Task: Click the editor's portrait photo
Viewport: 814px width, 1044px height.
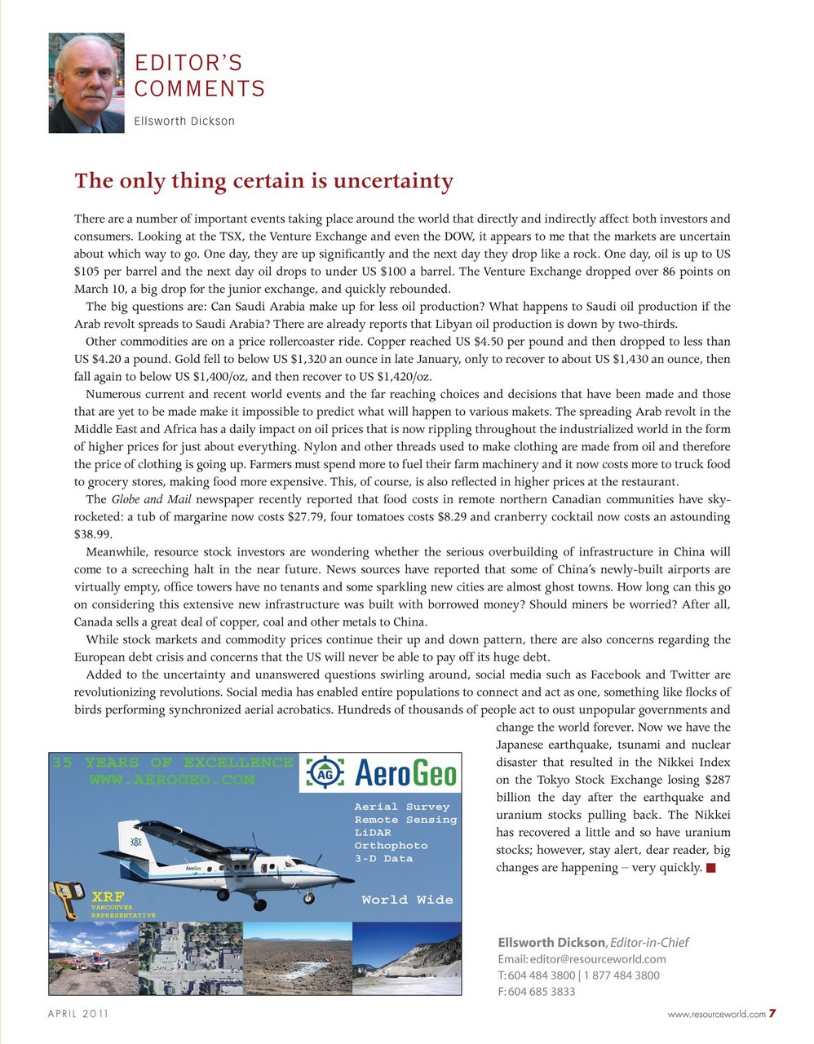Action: point(86,83)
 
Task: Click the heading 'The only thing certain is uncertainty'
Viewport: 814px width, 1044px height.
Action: point(263,180)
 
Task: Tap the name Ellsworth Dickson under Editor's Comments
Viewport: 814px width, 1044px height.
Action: point(184,122)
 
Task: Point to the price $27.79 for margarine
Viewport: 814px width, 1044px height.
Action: point(306,517)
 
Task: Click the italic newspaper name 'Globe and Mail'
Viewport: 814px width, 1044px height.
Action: point(151,499)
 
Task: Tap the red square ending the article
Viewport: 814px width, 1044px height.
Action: point(711,868)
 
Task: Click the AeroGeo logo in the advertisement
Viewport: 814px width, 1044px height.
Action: point(380,772)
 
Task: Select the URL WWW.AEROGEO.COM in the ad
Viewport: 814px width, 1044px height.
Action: point(172,781)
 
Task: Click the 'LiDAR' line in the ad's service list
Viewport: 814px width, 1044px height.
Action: point(373,833)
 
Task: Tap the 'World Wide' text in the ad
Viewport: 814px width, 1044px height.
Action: point(406,900)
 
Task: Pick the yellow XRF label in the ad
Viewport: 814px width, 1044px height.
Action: point(108,896)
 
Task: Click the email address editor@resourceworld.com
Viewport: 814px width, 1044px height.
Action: point(582,959)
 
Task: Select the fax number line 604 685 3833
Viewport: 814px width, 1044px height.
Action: point(536,992)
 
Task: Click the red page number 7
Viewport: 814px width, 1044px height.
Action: point(772,1014)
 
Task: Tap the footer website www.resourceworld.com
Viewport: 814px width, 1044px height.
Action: point(716,1015)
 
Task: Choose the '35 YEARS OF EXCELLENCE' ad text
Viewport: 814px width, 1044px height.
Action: point(172,763)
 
